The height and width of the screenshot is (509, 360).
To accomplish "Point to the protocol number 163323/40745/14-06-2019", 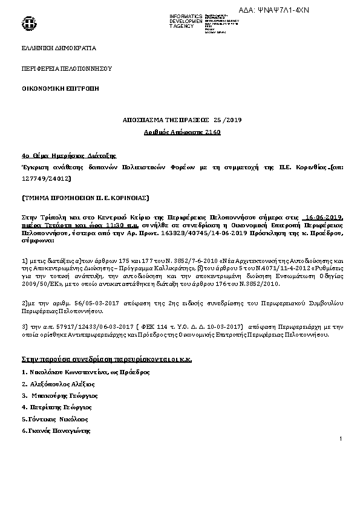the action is (x=200, y=233).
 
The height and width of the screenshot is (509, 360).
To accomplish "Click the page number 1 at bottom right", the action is (x=341, y=438).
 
